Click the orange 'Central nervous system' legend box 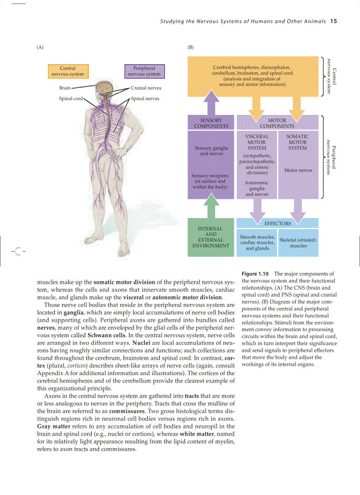tap(67, 71)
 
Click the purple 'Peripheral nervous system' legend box tap(144, 71)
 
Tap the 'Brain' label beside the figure tap(64, 88)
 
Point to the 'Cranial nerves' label tap(146, 88)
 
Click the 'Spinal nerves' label tap(145, 98)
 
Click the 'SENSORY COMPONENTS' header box tap(211, 123)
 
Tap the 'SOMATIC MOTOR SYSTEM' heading tap(297, 142)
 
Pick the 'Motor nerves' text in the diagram tap(298, 170)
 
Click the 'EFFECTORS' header tap(277, 223)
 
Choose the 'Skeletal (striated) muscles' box tap(298, 243)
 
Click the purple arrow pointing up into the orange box tap(211, 102)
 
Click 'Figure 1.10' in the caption tap(256, 274)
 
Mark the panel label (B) tap(191, 47)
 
